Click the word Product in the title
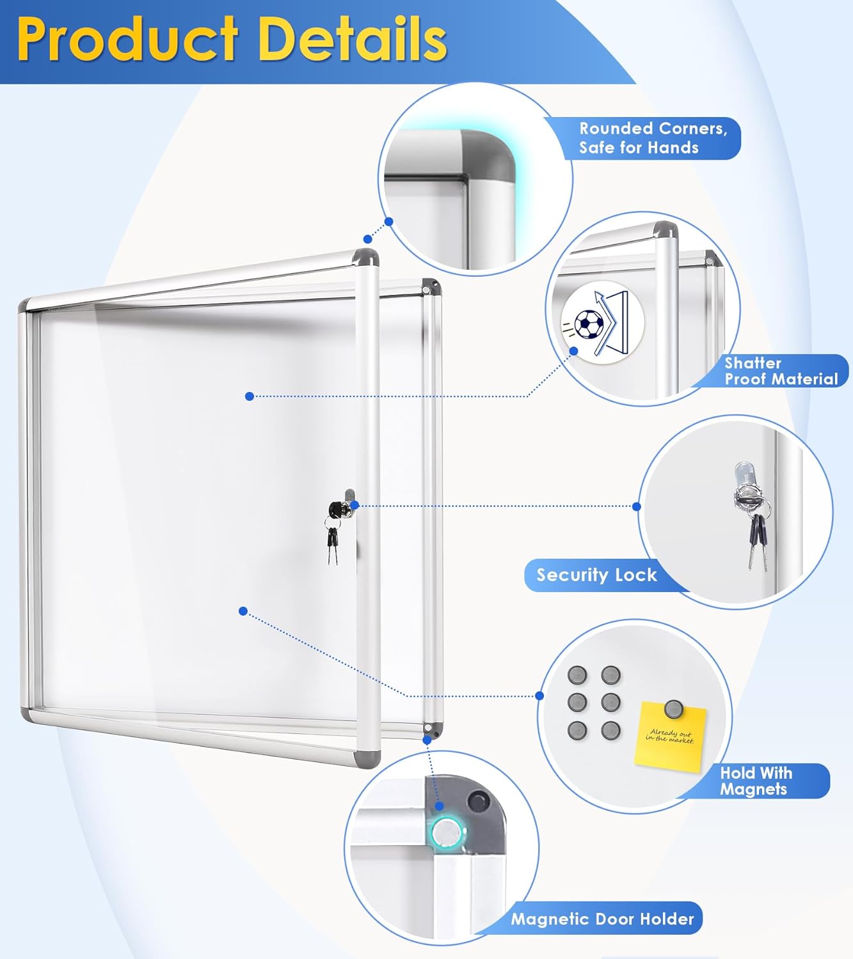point(128,40)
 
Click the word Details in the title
point(352,40)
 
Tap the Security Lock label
point(596,575)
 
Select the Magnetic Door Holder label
point(602,919)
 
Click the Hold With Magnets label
point(755,781)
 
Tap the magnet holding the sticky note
point(673,708)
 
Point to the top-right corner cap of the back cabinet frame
point(431,285)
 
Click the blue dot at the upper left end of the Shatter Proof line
point(250,396)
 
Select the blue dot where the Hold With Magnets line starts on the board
point(243,611)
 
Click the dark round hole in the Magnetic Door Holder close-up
point(477,800)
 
